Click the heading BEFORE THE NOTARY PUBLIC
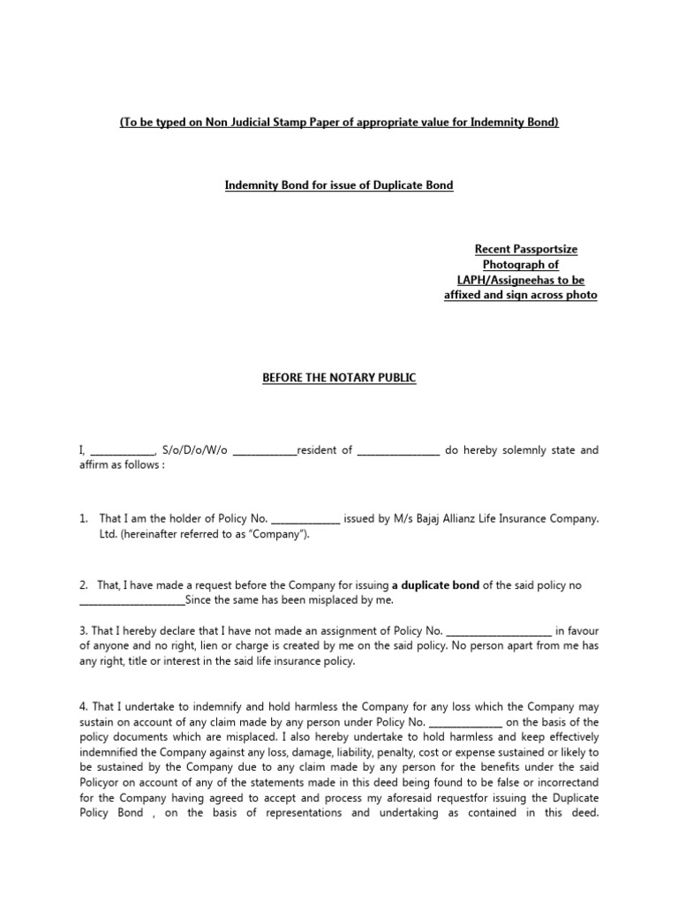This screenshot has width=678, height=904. click(339, 378)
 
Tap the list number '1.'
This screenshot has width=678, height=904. click(84, 518)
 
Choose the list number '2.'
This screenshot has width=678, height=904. click(84, 585)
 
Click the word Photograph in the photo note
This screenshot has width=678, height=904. click(521, 264)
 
